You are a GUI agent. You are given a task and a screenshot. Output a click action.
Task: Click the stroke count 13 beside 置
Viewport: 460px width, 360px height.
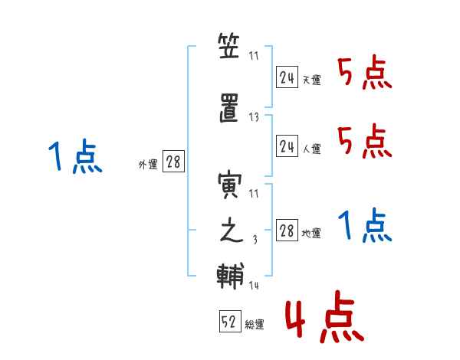[x=255, y=117]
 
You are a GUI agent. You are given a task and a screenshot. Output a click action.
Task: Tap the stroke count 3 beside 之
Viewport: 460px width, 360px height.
[x=255, y=240]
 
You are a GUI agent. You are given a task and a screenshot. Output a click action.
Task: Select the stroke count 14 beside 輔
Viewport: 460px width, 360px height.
[x=255, y=286]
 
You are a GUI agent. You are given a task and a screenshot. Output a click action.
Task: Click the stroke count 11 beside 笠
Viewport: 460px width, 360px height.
[x=255, y=56]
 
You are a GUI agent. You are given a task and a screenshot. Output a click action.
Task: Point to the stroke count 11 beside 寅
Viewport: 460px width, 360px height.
[x=255, y=194]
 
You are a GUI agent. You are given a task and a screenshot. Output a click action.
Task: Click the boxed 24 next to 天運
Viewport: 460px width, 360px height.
[x=287, y=77]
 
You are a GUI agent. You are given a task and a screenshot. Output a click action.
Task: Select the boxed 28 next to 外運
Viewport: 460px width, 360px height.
[x=173, y=162]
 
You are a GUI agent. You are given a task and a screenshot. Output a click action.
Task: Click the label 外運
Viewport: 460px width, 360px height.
[x=147, y=164]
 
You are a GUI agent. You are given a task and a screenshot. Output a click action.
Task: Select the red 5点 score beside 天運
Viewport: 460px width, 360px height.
[x=365, y=74]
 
